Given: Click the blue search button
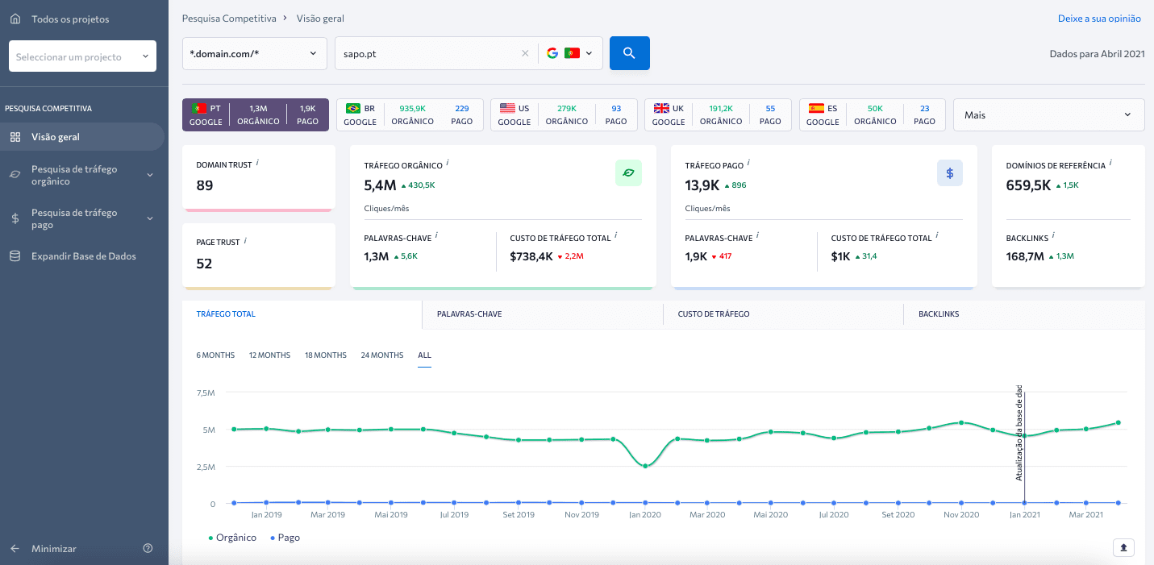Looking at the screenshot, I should pos(629,53).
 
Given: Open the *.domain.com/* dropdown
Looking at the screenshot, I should pos(254,53).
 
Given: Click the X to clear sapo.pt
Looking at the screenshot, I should pos(525,53).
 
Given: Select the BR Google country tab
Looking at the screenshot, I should pos(410,114).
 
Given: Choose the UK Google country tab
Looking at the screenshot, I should pos(718,114).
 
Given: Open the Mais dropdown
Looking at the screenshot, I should pos(1048,114).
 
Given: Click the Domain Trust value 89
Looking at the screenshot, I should pos(205,185).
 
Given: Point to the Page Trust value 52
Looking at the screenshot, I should pos(205,264).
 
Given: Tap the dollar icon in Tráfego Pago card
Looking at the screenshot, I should pos(950,173).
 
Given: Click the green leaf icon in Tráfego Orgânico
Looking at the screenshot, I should pos(628,173).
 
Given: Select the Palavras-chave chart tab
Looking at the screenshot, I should pos(469,314).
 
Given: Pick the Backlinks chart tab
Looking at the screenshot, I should pos(939,314).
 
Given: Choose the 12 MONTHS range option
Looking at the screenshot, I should pos(269,355).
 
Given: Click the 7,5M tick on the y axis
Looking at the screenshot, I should pos(206,393).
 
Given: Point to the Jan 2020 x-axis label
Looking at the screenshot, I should pos(645,514).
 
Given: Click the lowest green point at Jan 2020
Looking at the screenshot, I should pos(645,466).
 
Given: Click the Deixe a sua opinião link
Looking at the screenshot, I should pos(1099,19).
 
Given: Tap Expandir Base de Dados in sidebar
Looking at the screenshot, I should pos(83,256).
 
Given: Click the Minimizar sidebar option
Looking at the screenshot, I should pos(53,549).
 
